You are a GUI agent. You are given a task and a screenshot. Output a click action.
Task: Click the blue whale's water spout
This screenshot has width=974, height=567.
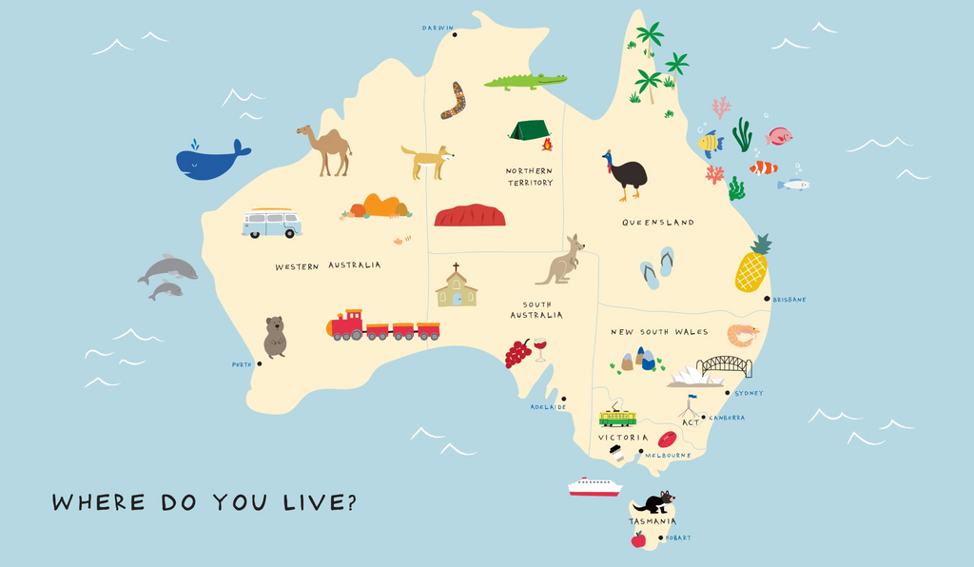click(x=194, y=144)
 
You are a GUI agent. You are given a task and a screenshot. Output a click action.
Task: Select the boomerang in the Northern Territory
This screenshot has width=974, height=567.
click(x=455, y=100)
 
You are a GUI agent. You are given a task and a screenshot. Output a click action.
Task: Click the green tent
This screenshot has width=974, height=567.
click(x=528, y=130)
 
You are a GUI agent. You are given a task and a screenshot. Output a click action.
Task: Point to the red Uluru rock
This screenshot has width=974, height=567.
click(x=469, y=216)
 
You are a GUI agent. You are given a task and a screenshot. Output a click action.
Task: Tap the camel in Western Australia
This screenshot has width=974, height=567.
click(x=326, y=149)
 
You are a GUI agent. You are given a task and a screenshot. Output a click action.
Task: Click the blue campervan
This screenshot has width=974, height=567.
click(x=271, y=224)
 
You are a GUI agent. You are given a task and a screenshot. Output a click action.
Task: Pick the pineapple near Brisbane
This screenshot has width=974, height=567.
click(x=751, y=266)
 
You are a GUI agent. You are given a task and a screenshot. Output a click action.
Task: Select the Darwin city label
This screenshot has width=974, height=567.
click(x=438, y=28)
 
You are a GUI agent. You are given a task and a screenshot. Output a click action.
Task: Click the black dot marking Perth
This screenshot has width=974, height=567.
click(x=257, y=364)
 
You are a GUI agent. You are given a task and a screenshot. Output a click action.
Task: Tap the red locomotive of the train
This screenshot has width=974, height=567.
click(x=347, y=325)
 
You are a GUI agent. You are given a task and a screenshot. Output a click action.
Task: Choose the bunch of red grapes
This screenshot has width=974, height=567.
click(x=517, y=353)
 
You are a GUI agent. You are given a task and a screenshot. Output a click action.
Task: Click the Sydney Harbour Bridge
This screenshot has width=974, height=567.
click(x=725, y=365)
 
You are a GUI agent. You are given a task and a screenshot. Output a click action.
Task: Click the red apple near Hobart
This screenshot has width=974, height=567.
click(x=638, y=539)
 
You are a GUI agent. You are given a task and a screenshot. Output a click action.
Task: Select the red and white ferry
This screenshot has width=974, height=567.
click(x=594, y=487)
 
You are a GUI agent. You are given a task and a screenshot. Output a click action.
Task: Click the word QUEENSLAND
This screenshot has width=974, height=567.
click(x=658, y=223)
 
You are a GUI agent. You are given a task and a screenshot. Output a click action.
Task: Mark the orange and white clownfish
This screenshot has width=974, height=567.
click(x=763, y=168)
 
